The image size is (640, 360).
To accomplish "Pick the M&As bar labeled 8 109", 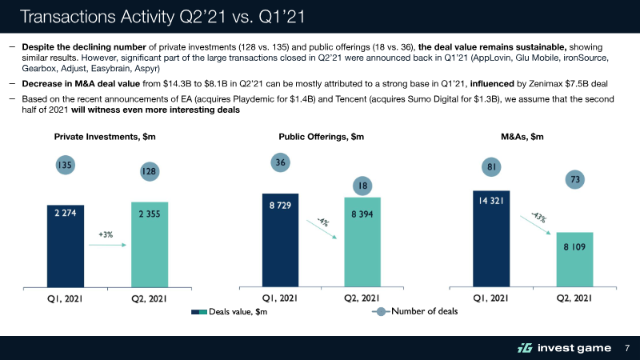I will click(x=577, y=258).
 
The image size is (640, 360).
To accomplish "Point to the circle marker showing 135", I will click(x=66, y=166).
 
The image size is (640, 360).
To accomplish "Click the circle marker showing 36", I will click(x=280, y=162).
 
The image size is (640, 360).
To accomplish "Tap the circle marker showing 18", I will click(x=362, y=186).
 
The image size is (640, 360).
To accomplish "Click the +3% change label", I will click(x=106, y=234).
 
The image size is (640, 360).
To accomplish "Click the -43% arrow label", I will click(x=538, y=217).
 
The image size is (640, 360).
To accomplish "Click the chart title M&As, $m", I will click(x=522, y=137).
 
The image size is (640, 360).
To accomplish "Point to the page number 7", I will click(x=627, y=348).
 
